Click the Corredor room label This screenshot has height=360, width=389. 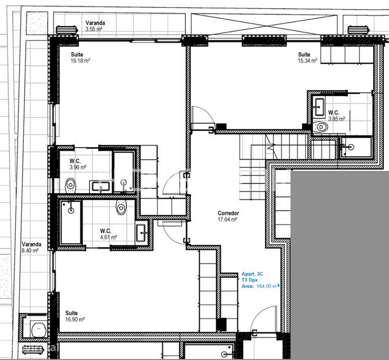(x=228, y=213)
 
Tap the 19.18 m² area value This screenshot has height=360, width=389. (x=80, y=61)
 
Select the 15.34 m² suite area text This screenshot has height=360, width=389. (x=307, y=61)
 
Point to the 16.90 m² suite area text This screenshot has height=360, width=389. (x=75, y=320)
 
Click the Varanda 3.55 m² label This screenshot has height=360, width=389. (x=94, y=26)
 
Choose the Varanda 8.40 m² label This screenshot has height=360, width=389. (x=29, y=247)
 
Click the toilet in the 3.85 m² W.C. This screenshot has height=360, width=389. (x=320, y=126)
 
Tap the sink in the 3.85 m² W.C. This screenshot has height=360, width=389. (x=319, y=105)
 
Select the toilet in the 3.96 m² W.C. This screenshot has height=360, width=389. (x=70, y=185)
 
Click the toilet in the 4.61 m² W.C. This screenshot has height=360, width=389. (x=121, y=206)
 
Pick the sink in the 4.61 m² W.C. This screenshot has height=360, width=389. (x=141, y=234)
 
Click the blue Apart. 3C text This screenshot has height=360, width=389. (x=252, y=274)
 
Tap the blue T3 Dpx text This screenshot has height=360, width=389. (x=249, y=280)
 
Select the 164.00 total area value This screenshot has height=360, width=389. (x=266, y=286)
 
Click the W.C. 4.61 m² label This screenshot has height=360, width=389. (x=108, y=234)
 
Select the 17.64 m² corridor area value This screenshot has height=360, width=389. (x=228, y=219)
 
